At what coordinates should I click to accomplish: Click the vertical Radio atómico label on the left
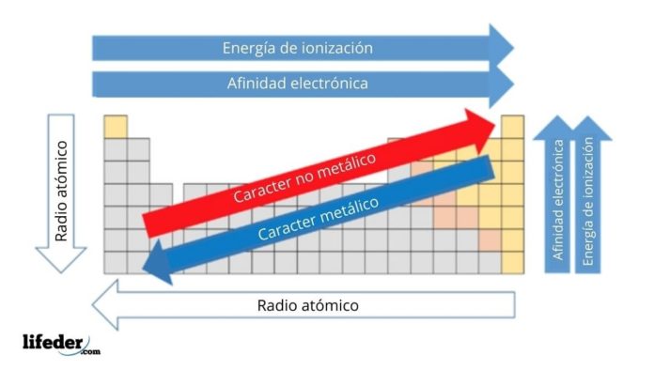point(61,192)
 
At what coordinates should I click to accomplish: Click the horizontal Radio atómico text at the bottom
point(308,306)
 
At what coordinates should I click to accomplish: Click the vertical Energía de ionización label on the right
point(588,203)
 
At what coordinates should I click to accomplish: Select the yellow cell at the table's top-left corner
point(115,127)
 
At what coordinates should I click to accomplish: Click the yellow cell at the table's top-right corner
point(512,127)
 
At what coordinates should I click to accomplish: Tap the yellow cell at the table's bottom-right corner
point(512,262)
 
